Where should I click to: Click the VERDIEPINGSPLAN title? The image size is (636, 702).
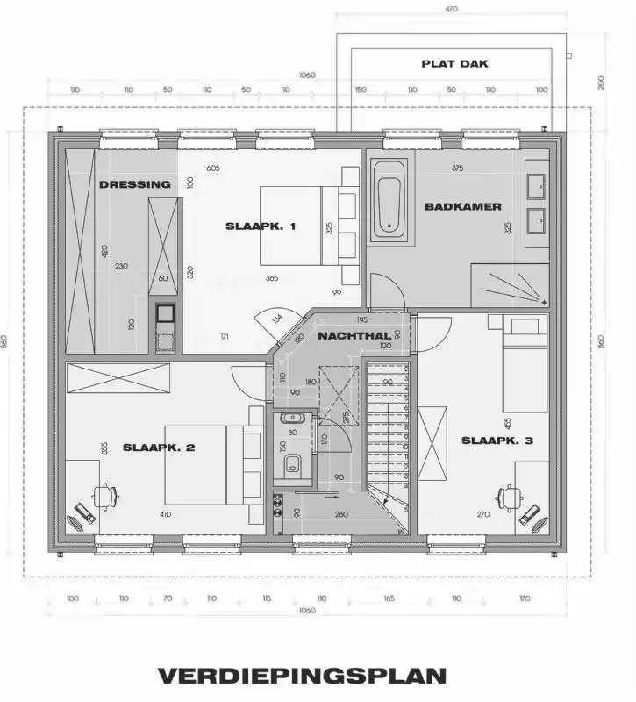pos(302,676)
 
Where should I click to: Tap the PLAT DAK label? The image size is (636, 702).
pos(454,64)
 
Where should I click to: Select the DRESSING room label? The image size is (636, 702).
pos(134,184)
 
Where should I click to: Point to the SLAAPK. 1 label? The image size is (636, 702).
pos(261,226)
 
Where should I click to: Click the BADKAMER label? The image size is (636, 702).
pos(463,207)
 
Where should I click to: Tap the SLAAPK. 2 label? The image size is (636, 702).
pos(159,448)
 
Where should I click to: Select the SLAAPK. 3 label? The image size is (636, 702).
pos(497,441)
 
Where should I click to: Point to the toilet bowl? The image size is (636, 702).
pos(295,465)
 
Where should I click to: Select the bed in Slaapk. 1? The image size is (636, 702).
pos(298,226)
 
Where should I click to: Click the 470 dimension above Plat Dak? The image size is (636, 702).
pos(452,10)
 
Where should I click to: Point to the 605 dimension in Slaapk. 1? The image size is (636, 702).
pos(213,168)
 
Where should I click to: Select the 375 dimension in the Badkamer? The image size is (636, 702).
pos(457,168)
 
